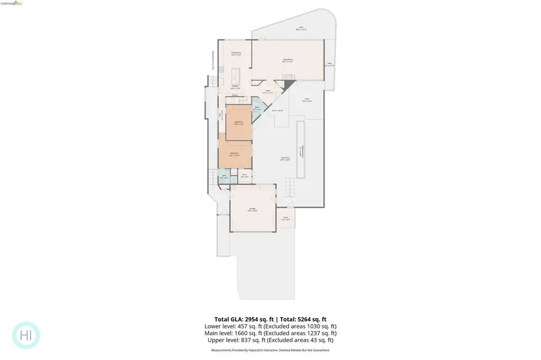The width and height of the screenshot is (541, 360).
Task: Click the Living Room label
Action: click(x=287, y=61)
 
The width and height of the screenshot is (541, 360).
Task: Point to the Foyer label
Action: click(x=268, y=91)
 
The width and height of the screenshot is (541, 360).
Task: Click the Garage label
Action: click(x=253, y=210)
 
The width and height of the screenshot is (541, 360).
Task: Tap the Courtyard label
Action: click(x=285, y=158)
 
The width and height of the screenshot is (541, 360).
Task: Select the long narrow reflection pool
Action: click(x=301, y=150)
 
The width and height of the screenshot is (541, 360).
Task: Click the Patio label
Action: click(x=306, y=100)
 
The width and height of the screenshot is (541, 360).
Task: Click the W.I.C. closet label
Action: click(x=245, y=176)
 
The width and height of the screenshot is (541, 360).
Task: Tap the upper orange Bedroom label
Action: click(x=239, y=122)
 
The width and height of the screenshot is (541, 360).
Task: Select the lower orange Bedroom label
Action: click(x=235, y=154)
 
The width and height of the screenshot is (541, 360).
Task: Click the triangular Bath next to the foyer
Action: click(x=257, y=108)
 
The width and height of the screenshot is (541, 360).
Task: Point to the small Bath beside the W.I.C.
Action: click(x=224, y=177)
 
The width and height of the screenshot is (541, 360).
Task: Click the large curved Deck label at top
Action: click(x=301, y=28)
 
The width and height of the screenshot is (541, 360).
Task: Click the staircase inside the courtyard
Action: click(x=290, y=186)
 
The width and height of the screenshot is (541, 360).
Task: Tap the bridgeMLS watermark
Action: click(x=11, y=3)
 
